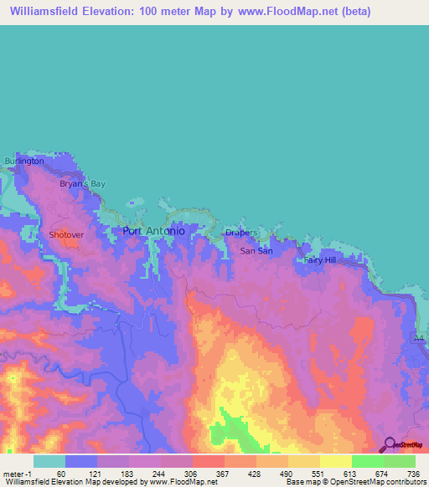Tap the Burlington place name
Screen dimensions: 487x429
23,161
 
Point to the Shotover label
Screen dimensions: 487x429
66,235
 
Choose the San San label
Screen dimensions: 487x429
256,250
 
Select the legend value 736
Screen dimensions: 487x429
412,474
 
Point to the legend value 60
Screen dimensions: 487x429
61,474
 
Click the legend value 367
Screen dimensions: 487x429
223,474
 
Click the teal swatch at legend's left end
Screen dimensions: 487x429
49,461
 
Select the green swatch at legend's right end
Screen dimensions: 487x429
400,461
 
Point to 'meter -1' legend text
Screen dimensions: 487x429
16,474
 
